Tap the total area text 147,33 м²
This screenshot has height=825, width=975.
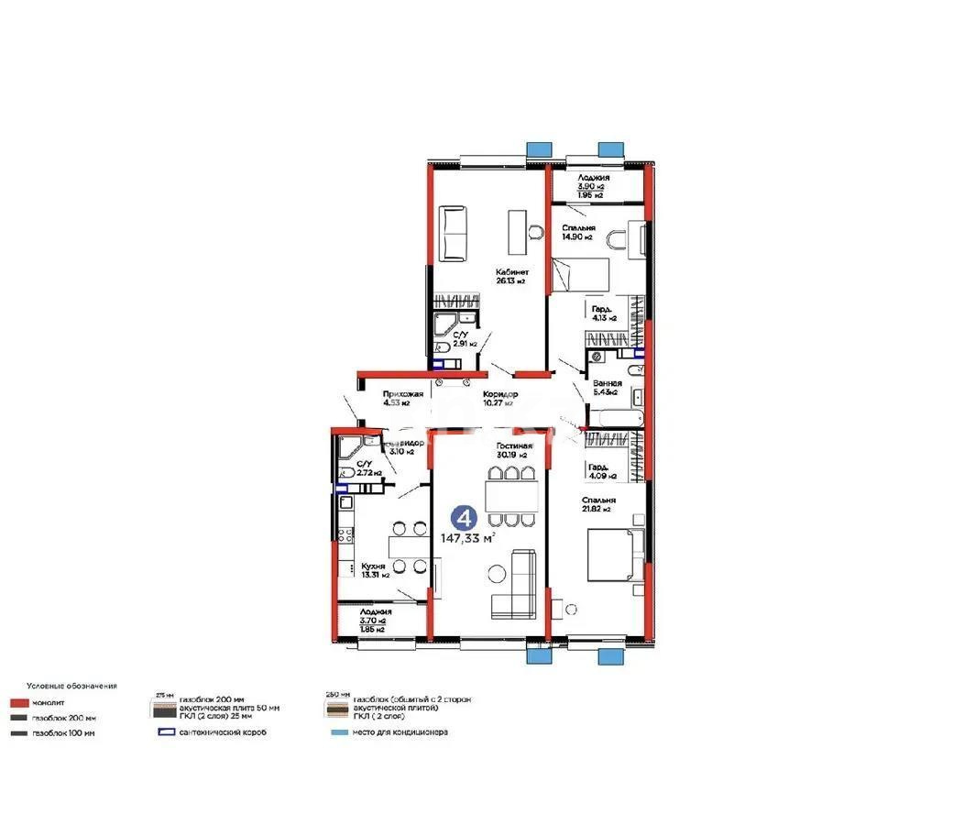pos(467,538)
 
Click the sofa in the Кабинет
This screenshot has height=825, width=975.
pos(454,234)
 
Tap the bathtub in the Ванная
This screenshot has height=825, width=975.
pos(614,418)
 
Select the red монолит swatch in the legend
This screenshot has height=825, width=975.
pos(19,702)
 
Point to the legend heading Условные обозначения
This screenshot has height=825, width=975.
pos(71,686)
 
